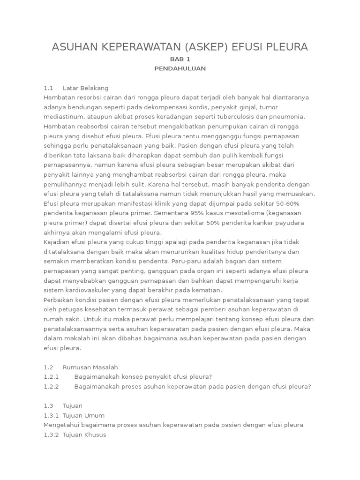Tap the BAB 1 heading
click(180, 59)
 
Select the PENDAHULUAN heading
click(180, 68)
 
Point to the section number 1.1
click(49, 88)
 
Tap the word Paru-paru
click(186, 261)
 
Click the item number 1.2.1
click(51, 377)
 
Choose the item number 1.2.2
click(51, 386)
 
